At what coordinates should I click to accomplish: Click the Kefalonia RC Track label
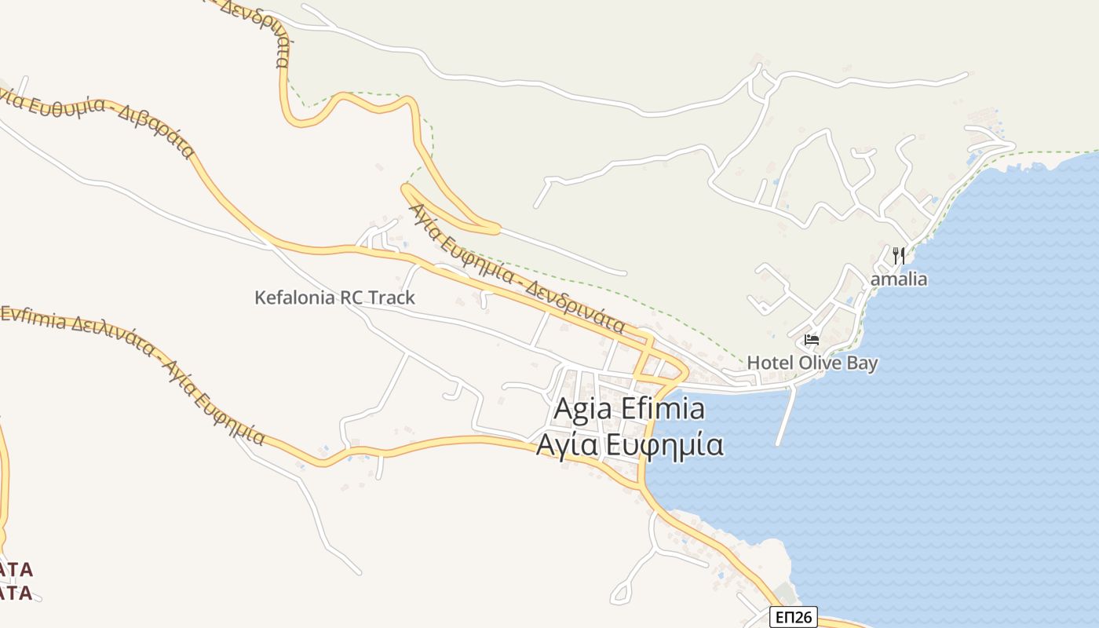[334, 298]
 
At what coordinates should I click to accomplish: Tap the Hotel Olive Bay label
[812, 363]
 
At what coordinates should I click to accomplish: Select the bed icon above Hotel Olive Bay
[812, 340]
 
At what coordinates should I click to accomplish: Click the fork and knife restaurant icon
[899, 255]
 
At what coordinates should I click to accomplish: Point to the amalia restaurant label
[899, 279]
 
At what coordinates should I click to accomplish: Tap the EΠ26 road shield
[793, 618]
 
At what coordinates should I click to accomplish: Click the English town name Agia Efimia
[629, 410]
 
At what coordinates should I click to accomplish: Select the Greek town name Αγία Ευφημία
[629, 445]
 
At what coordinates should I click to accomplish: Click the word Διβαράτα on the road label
[157, 130]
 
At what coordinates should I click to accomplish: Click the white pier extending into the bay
[786, 416]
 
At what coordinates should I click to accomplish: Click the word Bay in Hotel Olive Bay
[862, 363]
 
